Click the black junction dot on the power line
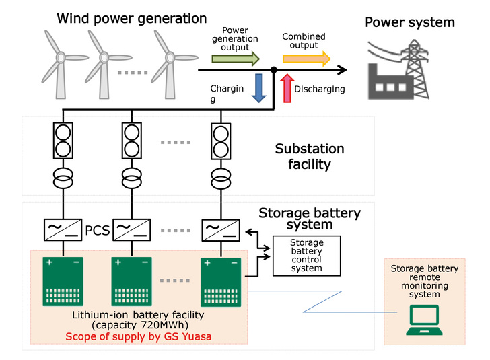(274, 70)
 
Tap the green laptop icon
(424, 320)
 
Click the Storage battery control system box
(306, 255)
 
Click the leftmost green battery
(65, 281)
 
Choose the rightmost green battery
(221, 281)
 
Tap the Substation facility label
(309, 155)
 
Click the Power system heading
(409, 23)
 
